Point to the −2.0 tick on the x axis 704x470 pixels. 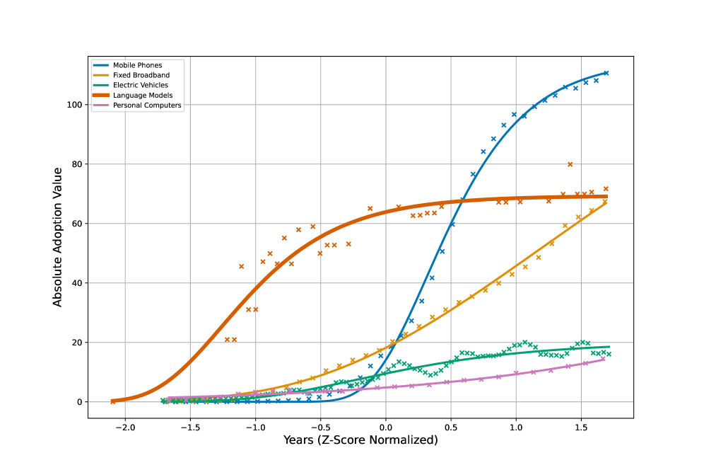coord(125,428)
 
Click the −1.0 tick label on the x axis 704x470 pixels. coord(255,428)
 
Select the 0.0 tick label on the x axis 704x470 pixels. coord(386,428)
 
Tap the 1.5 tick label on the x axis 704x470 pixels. coord(581,428)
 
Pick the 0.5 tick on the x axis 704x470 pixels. coord(451,428)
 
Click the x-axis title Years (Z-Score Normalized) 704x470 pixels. coord(360,440)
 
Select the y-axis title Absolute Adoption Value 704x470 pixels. coord(58,237)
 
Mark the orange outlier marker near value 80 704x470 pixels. coord(570,164)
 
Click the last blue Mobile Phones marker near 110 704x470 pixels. coord(606,73)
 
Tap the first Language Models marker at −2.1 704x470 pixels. coord(112,401)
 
